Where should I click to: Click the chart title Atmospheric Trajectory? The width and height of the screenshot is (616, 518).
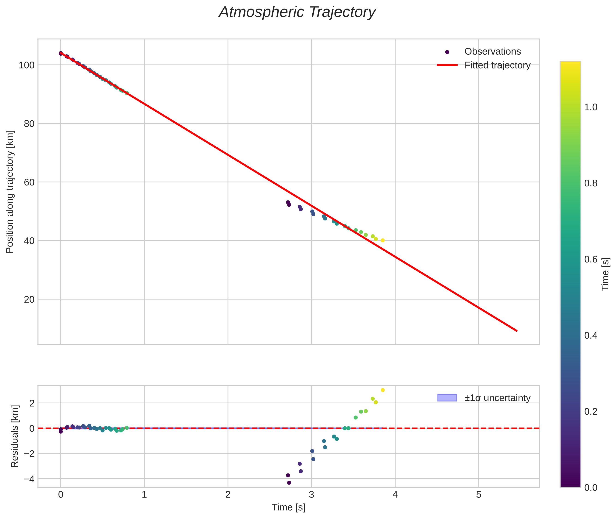297,12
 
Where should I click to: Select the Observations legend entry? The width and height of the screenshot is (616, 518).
492,51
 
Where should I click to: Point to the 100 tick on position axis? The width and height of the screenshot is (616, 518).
27,65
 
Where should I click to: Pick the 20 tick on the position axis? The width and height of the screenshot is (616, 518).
29,300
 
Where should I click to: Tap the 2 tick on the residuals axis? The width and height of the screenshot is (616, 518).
32,403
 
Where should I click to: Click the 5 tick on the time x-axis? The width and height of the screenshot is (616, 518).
479,495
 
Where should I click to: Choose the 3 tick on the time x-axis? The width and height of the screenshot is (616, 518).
311,495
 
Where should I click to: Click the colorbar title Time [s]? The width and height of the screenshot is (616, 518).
605,274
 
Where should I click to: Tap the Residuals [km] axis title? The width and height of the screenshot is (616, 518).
15,436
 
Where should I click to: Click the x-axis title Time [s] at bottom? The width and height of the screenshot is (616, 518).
288,507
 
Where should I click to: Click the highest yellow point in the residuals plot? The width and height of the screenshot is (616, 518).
383,390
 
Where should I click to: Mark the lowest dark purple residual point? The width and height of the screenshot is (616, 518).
289,483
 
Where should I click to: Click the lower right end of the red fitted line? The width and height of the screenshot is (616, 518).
516,331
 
